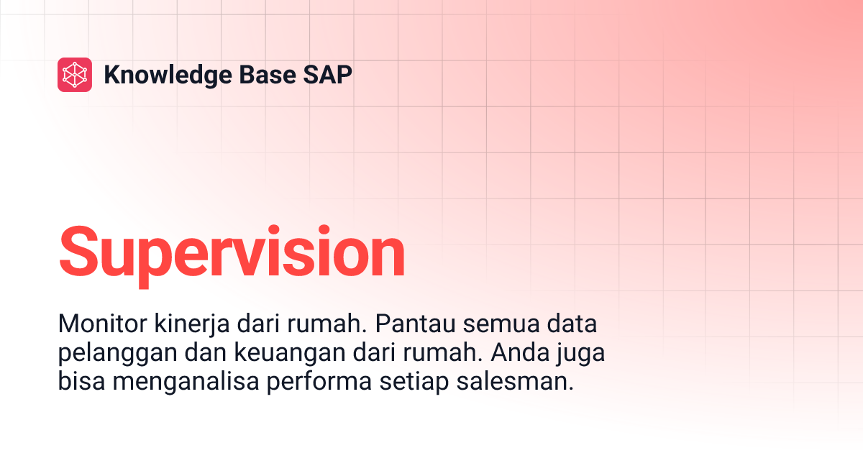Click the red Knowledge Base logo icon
75,75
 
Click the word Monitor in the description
101,324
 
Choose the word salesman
514,382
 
